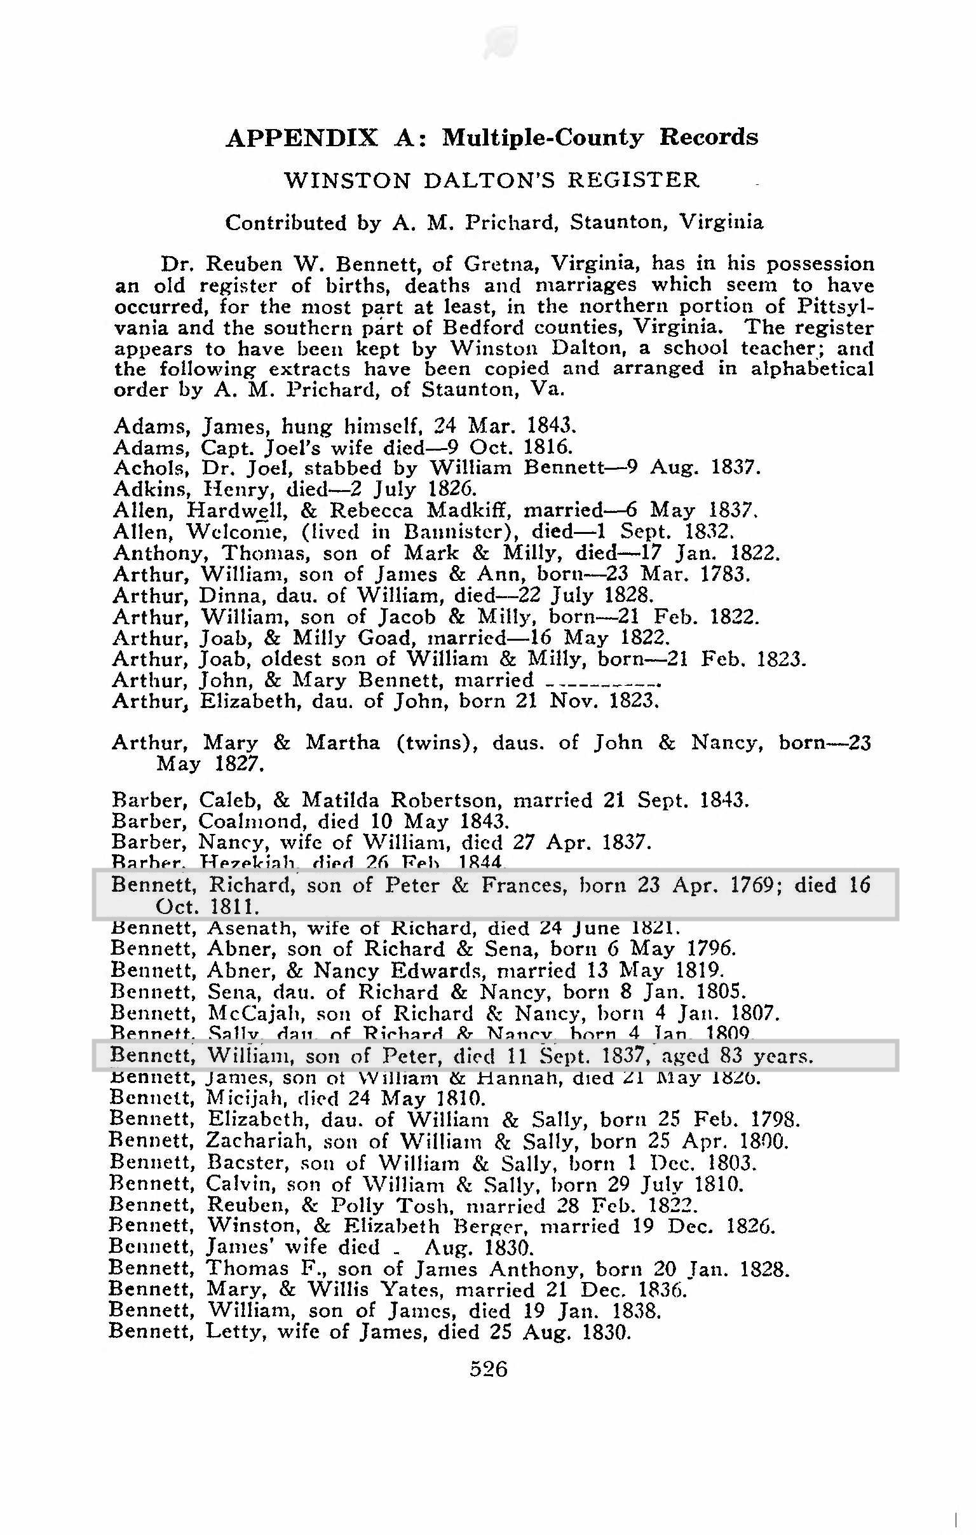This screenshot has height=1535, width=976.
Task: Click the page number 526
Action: (489, 1368)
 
